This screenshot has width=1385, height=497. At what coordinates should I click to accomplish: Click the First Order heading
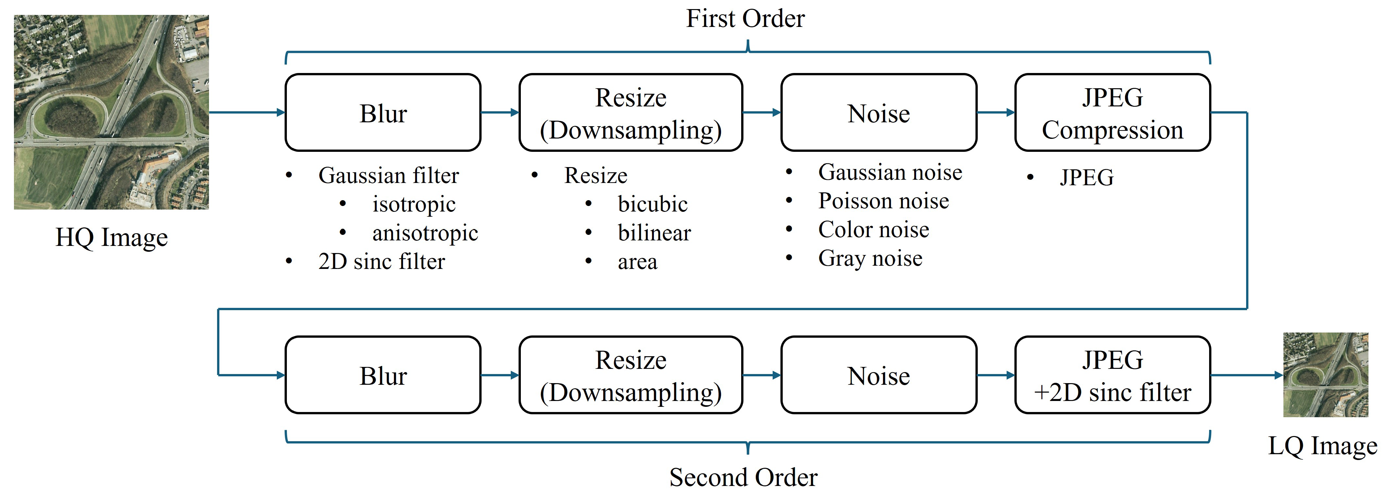pyautogui.click(x=745, y=19)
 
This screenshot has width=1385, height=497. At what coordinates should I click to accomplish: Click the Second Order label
pyautogui.click(x=743, y=477)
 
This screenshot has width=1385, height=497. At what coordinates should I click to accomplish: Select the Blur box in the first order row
pyautogui.click(x=383, y=113)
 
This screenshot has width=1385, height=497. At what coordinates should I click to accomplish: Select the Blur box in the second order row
pyautogui.click(x=383, y=375)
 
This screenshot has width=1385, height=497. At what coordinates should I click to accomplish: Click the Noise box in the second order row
pyautogui.click(x=878, y=375)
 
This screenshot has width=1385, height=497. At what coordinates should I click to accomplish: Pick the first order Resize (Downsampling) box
pyautogui.click(x=631, y=113)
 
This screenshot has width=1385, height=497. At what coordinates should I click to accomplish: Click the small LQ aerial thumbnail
pyautogui.click(x=1325, y=374)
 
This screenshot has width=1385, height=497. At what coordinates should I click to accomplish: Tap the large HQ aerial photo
pyautogui.click(x=111, y=112)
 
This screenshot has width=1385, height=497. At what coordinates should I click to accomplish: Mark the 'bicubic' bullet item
pyautogui.click(x=652, y=204)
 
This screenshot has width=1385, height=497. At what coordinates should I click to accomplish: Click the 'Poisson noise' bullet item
pyautogui.click(x=883, y=201)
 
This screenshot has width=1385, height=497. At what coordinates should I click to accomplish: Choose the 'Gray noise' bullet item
pyautogui.click(x=870, y=259)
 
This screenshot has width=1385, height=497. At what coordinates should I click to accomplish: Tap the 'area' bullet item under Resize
pyautogui.click(x=637, y=262)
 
